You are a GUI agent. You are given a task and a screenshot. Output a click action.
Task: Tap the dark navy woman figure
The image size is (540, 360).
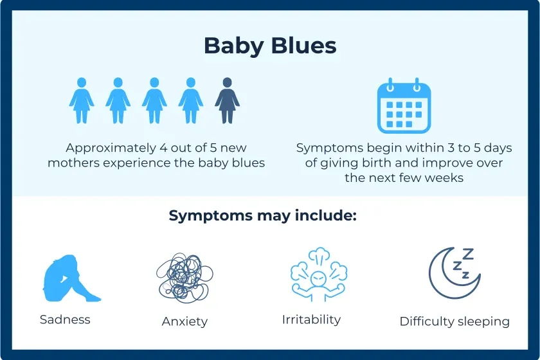pyautogui.click(x=226, y=101)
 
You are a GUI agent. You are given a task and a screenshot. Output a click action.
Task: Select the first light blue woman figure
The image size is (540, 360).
pyautogui.click(x=82, y=101)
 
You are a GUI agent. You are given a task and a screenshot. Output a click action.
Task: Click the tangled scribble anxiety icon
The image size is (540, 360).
pyautogui.click(x=184, y=276)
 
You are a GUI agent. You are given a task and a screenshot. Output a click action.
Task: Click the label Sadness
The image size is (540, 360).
pyautogui.click(x=65, y=319)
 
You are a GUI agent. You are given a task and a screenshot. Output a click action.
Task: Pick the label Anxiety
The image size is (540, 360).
pyautogui.click(x=184, y=321)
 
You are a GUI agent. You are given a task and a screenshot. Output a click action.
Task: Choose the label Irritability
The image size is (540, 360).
pyautogui.click(x=311, y=319)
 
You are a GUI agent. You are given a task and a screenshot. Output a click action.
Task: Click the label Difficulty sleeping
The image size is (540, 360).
pyautogui.click(x=455, y=321)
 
